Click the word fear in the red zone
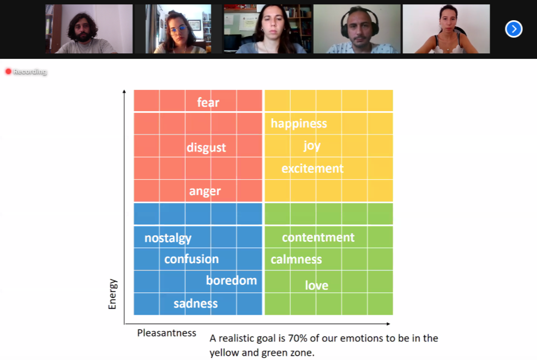click(208, 102)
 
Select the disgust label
click(206, 148)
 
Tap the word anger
click(205, 191)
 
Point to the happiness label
click(298, 124)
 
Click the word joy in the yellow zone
click(312, 146)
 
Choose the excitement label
click(312, 168)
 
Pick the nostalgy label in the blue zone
click(168, 238)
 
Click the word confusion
click(192, 259)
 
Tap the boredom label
click(231, 280)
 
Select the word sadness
click(196, 303)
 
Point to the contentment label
click(318, 237)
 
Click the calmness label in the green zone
click(296, 259)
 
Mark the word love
click(316, 285)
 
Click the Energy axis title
click(112, 294)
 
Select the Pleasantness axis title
click(167, 333)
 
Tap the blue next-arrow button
click(514, 29)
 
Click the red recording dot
click(8, 71)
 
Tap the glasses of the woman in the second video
click(178, 30)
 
